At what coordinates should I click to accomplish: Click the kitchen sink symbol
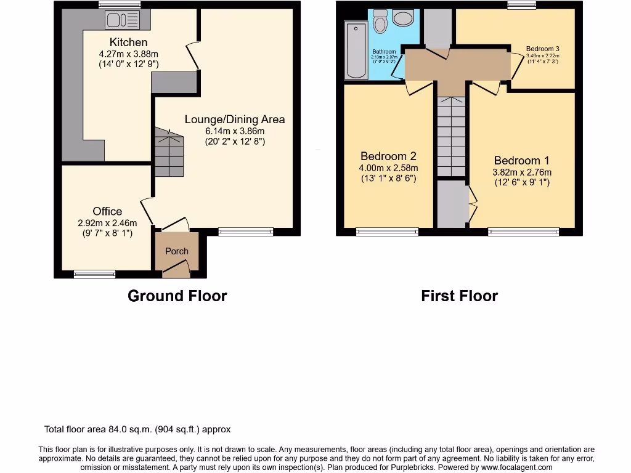[123, 21]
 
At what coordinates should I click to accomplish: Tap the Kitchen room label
[128, 42]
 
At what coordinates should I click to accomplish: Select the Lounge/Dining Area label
[235, 119]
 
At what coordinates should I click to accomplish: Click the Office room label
[107, 211]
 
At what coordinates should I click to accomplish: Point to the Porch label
[177, 251]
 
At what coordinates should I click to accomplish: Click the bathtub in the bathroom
[356, 51]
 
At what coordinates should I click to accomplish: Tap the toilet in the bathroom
[380, 22]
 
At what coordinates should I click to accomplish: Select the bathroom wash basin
[404, 18]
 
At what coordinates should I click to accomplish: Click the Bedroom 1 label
[521, 161]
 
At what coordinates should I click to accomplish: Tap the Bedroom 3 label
[542, 49]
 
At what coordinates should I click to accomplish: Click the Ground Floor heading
[177, 296]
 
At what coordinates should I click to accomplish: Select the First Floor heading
[459, 296]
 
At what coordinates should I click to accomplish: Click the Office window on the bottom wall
[94, 274]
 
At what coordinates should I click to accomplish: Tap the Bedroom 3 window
[521, 6]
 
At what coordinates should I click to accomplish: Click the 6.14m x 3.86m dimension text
[235, 131]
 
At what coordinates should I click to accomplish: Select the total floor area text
[137, 429]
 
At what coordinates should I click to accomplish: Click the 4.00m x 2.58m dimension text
[389, 168]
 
